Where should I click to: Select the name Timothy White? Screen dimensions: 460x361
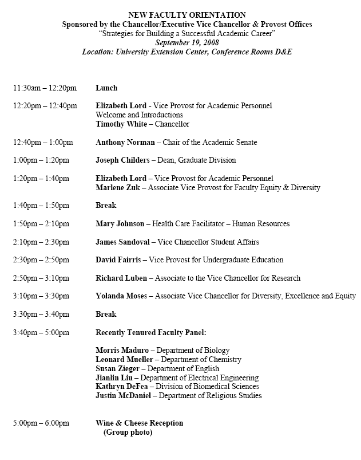(x=118, y=124)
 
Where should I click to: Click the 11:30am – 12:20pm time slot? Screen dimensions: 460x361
(x=45, y=88)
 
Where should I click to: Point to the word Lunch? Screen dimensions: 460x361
(x=106, y=88)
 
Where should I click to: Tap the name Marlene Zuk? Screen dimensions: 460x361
(x=117, y=187)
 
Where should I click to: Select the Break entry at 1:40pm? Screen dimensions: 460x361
(x=106, y=205)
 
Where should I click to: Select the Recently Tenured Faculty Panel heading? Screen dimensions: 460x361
(x=151, y=332)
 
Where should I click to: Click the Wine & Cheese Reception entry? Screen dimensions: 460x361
(x=140, y=423)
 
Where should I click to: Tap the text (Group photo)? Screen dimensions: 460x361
(x=128, y=432)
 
